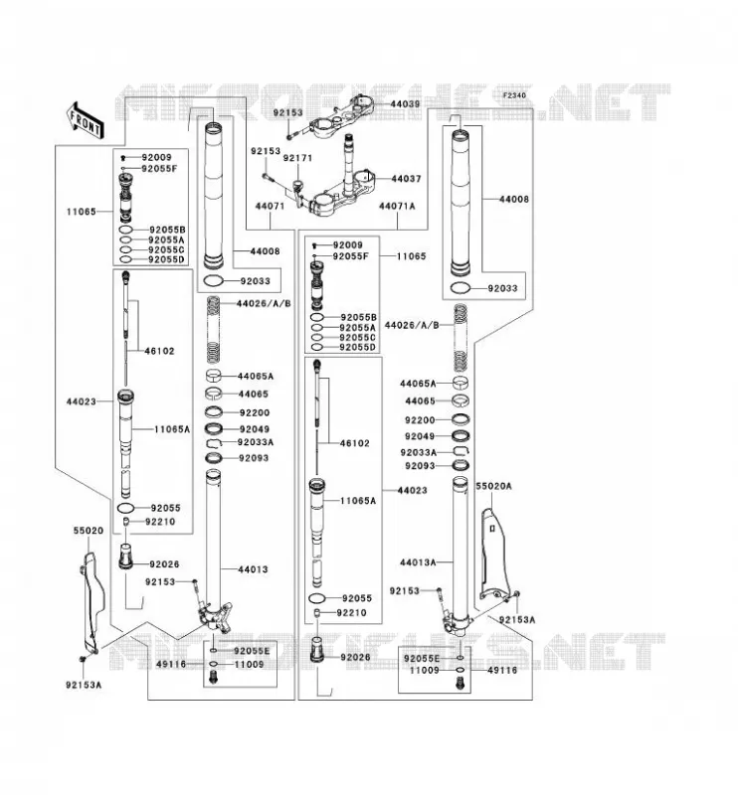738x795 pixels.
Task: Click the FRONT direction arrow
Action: point(86,119)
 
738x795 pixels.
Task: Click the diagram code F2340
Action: point(514,95)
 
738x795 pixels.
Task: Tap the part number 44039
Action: point(405,104)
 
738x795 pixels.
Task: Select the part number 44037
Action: point(406,179)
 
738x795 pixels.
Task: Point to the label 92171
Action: point(297,158)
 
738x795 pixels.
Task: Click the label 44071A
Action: point(397,206)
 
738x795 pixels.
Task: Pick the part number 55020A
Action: point(493,486)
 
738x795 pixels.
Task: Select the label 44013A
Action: point(418,562)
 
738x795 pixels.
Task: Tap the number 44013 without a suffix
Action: point(253,569)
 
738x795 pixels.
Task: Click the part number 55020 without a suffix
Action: point(89,531)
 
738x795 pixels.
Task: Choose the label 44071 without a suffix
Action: point(270,206)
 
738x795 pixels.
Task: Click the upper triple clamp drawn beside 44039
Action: point(341,116)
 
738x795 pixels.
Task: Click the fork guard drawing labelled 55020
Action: point(92,602)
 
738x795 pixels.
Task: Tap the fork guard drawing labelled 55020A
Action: point(493,554)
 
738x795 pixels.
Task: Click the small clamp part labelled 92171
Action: point(295,189)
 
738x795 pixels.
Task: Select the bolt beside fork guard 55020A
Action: point(517,594)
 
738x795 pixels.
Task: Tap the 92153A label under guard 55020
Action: point(84,685)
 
